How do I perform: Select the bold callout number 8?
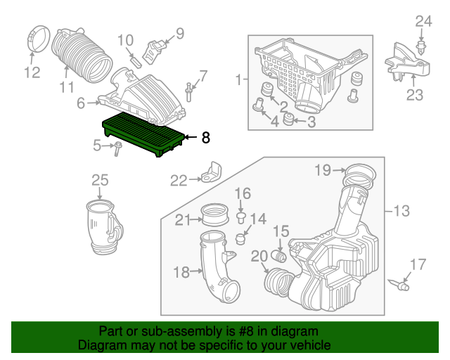206,138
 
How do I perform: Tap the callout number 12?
32,72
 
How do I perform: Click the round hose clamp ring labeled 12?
39,39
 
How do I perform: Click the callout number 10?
126,40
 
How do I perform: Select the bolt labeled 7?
189,92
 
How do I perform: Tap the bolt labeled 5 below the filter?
117,148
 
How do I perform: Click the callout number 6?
81,103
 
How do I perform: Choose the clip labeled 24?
420,52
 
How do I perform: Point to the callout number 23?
415,95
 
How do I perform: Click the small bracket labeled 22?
212,172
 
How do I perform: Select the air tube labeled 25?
104,227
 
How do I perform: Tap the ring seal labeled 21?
215,214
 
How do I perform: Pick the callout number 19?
323,170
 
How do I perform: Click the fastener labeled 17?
399,284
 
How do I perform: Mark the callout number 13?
401,211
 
